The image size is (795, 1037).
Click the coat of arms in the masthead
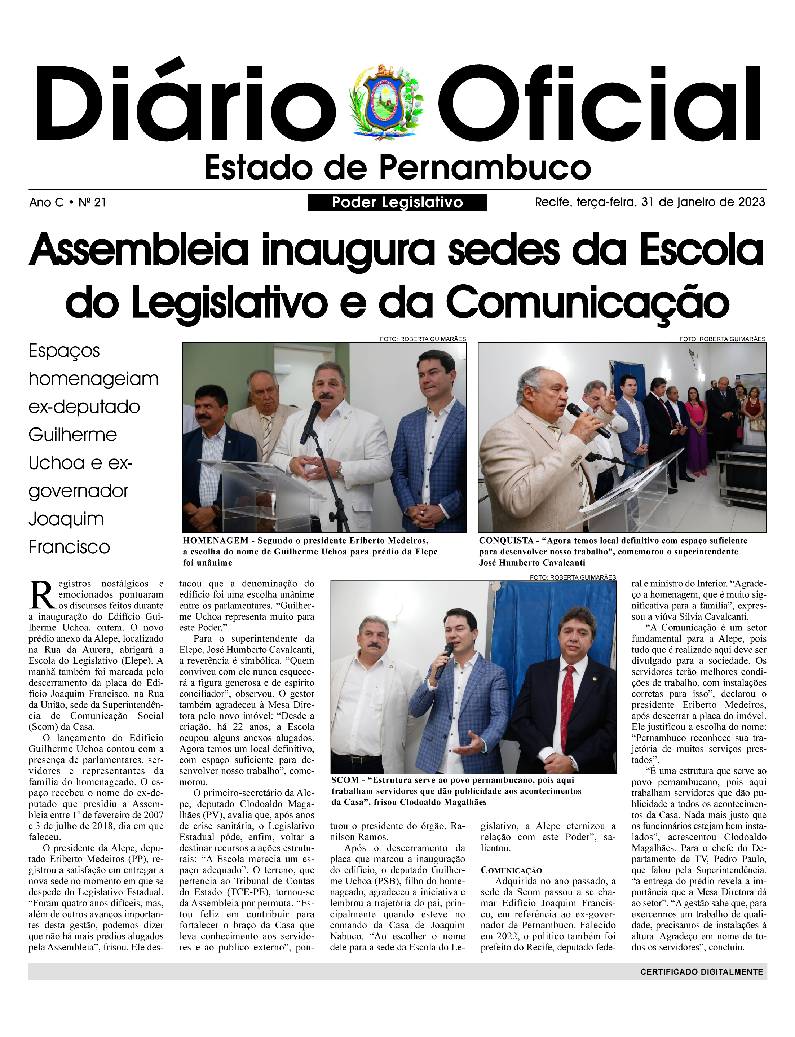pos(386,102)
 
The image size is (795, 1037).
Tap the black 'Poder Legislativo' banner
pos(397,203)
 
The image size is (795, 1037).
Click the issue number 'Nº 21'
pos(92,203)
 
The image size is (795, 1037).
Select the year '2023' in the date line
pos(751,202)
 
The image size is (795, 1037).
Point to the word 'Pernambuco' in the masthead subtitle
pos(485,168)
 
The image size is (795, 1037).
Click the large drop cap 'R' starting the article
pos(43,595)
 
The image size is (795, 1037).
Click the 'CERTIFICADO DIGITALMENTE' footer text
pos(701,972)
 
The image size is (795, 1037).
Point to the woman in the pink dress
pos(697,431)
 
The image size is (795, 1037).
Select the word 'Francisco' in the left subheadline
pos(69,547)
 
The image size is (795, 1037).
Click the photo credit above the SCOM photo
pos(573,577)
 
